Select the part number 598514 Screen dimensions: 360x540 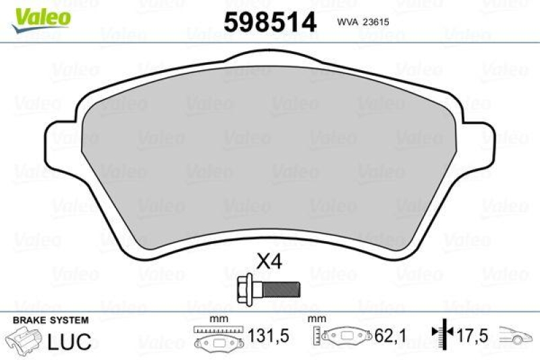[x=270, y=22]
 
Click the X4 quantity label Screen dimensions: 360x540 [x=269, y=261]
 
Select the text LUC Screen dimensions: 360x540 [x=70, y=341]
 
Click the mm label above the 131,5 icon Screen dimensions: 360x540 [x=218, y=319]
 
